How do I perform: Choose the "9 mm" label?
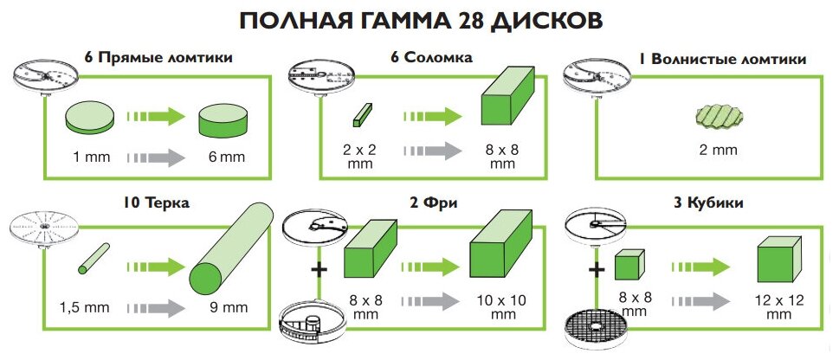(230, 306)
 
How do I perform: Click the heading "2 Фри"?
(434, 204)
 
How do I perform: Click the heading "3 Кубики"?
(714, 204)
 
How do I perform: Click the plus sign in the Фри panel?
(319, 270)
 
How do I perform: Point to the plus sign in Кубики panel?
(597, 270)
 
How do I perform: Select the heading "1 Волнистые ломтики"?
(722, 59)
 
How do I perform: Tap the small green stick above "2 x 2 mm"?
(364, 112)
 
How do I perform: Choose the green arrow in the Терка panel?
(155, 266)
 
